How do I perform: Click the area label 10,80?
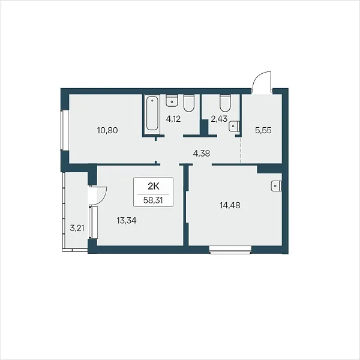tap(107, 130)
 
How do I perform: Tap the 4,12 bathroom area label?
tap(173, 119)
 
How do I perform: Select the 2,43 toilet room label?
tap(219, 119)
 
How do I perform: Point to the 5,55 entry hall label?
tap(263, 130)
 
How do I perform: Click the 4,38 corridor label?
tap(202, 154)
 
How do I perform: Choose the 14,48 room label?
tap(230, 205)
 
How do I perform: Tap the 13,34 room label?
tap(127, 221)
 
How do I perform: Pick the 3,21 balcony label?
tap(77, 228)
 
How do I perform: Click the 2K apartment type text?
tap(154, 187)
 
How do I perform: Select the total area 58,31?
tap(153, 200)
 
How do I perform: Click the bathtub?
tap(152, 113)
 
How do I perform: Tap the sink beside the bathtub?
tap(172, 101)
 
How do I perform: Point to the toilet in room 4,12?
tap(190, 103)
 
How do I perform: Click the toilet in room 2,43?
tap(225, 103)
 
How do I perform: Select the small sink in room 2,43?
tap(234, 126)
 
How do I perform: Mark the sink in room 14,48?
tap(276, 186)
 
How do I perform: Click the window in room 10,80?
tap(62, 130)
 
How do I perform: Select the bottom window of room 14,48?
tap(230, 250)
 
